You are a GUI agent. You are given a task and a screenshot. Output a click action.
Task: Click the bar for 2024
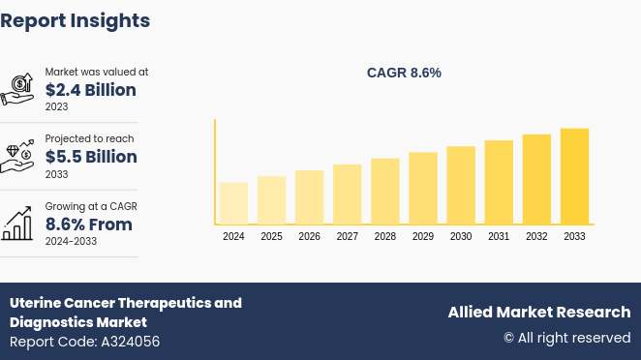[x=233, y=203]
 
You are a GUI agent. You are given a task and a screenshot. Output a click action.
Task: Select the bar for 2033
[x=574, y=176]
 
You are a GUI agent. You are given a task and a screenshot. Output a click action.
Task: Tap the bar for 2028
[x=385, y=192]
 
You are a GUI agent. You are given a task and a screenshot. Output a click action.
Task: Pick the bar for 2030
[x=461, y=186]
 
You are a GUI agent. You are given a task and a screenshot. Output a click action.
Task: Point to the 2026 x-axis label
[x=309, y=236]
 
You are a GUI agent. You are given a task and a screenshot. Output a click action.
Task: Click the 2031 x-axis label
[x=499, y=236]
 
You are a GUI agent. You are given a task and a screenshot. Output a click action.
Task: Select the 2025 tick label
[x=271, y=236]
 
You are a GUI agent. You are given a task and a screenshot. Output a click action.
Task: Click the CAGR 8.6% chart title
[x=404, y=73]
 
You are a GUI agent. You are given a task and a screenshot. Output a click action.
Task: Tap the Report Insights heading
[x=76, y=20]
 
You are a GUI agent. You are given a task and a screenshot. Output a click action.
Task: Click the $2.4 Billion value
[x=91, y=90]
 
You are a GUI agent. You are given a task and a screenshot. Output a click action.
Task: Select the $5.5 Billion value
[x=91, y=157]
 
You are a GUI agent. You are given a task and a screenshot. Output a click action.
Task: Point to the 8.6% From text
[x=89, y=225]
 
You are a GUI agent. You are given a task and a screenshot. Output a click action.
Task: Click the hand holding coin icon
[x=18, y=88]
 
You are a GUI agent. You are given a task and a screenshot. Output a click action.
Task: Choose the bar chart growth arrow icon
[x=18, y=225]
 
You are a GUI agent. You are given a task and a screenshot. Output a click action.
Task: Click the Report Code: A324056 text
[x=85, y=342]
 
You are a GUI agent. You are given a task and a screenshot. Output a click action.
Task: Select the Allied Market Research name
[x=538, y=312]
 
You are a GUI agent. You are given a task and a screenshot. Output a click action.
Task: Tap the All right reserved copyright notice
[x=566, y=338]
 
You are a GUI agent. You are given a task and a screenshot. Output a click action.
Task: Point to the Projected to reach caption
[x=89, y=139]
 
